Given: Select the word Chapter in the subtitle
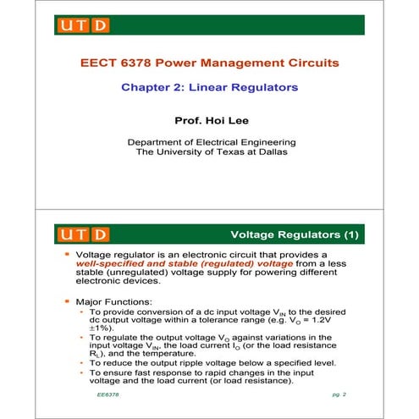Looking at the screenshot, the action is pyautogui.click(x=149, y=87).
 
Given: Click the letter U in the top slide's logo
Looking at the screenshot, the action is pyautogui.click(x=69, y=25).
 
